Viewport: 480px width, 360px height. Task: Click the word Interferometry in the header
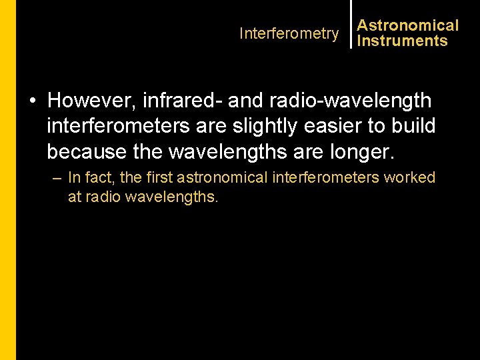[x=289, y=33]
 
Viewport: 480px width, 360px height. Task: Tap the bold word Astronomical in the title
[x=408, y=25]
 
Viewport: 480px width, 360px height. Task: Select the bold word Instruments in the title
[x=402, y=41]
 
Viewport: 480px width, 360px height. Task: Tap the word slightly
[x=249, y=126]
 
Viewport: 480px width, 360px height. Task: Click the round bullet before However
[x=32, y=101]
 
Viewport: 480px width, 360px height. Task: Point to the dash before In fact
[x=55, y=178]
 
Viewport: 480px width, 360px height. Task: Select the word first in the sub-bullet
[x=157, y=178]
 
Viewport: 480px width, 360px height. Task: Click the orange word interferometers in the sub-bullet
[x=328, y=178]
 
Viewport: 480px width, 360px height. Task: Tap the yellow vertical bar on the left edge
[x=7, y=180]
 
